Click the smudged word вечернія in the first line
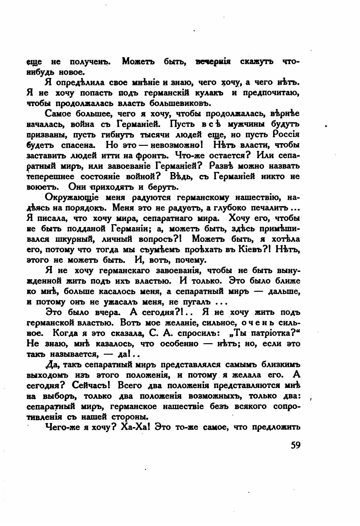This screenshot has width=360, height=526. point(213,61)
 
